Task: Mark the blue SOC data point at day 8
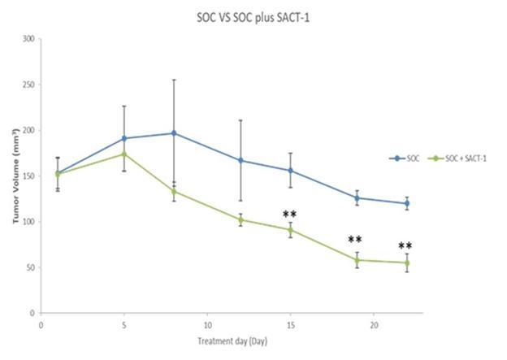(174, 133)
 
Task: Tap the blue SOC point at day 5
(124, 138)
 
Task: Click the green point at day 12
(240, 219)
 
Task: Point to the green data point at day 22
(407, 262)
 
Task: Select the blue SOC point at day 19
(357, 197)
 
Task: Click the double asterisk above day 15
(290, 215)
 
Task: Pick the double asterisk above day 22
(405, 246)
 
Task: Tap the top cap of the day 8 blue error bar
(174, 80)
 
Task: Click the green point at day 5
(124, 154)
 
